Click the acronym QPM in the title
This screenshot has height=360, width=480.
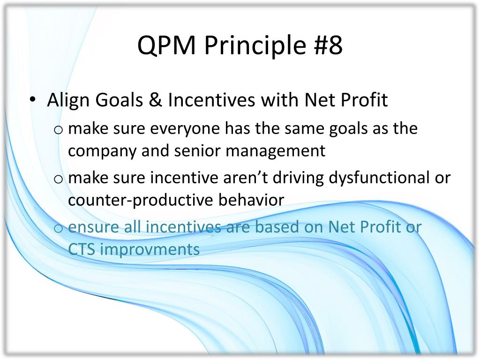point(166,45)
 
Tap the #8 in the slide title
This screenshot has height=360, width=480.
point(328,45)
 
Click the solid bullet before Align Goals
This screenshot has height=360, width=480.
point(33,99)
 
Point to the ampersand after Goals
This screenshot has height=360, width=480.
point(156,100)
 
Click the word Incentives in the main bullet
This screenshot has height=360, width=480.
point(211,100)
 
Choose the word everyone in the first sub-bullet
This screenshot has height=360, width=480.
point(185,129)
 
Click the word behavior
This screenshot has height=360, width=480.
point(251,200)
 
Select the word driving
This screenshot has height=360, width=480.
point(298,178)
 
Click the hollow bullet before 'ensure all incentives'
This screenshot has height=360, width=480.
point(58,229)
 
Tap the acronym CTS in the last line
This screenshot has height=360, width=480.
point(82,249)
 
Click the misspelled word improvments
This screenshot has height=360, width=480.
point(150,250)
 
